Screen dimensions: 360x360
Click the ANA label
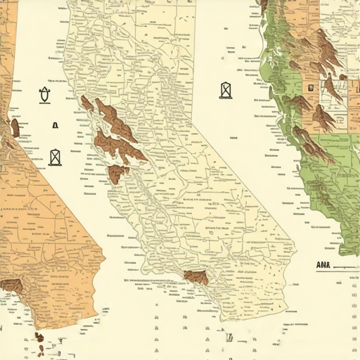325,265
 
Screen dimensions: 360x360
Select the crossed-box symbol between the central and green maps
225,90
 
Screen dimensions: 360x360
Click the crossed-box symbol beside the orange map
56,157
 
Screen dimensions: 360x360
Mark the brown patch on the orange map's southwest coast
11,285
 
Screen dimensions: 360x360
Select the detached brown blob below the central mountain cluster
118,174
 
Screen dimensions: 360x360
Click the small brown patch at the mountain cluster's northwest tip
86,103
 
